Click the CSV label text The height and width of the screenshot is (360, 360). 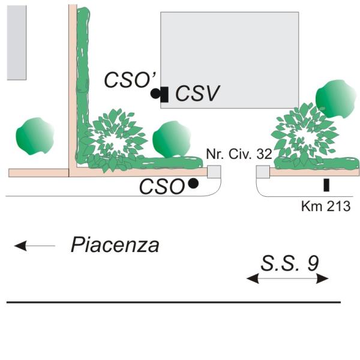tap(197, 93)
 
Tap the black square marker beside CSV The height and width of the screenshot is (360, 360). tap(164, 94)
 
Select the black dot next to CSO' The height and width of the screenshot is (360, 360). tap(155, 94)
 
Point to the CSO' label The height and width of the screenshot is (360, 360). tap(130, 79)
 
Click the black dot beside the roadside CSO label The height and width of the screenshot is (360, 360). tap(193, 184)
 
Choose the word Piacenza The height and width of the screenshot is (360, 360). tap(115, 245)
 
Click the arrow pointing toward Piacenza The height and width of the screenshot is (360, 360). tap(35, 246)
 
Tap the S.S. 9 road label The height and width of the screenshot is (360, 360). tap(290, 263)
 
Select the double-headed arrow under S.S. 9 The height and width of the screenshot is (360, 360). tap(287, 278)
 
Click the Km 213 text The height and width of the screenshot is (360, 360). tap(326, 206)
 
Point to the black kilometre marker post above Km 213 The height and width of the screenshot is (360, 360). tap(326, 185)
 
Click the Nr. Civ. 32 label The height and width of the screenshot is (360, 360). tap(239, 154)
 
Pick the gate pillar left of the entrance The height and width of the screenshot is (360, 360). tap(214, 172)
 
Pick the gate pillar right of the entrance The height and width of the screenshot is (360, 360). tap(263, 172)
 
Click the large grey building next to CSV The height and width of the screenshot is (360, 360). tap(230, 60)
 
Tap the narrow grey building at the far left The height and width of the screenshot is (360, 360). tap(17, 43)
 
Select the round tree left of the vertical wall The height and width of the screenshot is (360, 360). tap(35, 136)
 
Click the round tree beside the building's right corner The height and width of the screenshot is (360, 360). tap(335, 99)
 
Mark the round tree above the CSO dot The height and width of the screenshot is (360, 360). tap(172, 139)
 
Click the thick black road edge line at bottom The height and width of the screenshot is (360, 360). tap(173, 302)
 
